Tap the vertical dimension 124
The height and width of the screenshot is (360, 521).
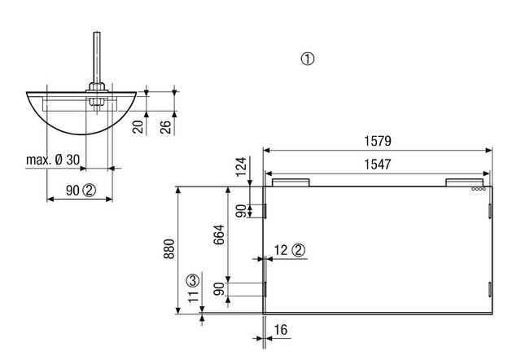click(x=241, y=168)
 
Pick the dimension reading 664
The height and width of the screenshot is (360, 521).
click(x=218, y=236)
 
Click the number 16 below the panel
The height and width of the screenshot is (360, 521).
click(x=281, y=329)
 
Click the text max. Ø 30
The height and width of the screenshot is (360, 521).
click(x=53, y=160)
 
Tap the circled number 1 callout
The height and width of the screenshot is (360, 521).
click(x=307, y=59)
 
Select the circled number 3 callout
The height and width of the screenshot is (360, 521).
click(x=193, y=281)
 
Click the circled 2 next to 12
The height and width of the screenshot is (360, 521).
click(x=299, y=250)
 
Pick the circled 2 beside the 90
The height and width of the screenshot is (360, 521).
click(x=89, y=190)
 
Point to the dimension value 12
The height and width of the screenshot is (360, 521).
click(x=281, y=250)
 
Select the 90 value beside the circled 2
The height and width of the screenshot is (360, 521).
click(x=72, y=190)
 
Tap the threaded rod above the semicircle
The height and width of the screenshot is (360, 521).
click(x=96, y=53)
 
